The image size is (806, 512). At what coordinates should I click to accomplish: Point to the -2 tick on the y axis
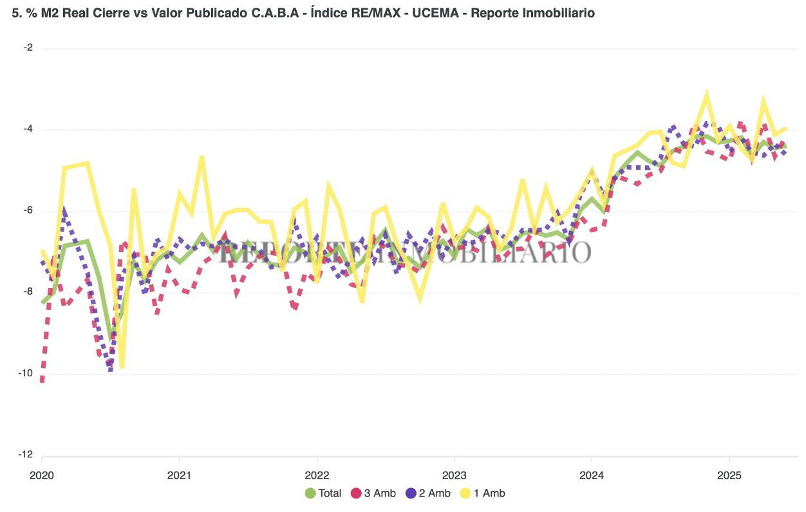pyautogui.click(x=29, y=48)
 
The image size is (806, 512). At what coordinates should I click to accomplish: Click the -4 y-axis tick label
pyautogui.click(x=29, y=129)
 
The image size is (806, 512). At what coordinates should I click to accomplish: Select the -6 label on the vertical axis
pyautogui.click(x=29, y=211)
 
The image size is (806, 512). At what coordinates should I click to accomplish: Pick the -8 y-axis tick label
pyautogui.click(x=29, y=292)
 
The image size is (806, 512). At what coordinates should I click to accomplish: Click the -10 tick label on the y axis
pyautogui.click(x=27, y=374)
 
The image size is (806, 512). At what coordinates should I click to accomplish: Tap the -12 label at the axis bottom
pyautogui.click(x=27, y=455)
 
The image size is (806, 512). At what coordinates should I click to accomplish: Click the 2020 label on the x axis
pyautogui.click(x=42, y=477)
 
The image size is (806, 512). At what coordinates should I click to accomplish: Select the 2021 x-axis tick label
pyautogui.click(x=179, y=477)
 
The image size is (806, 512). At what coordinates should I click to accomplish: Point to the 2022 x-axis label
pyautogui.click(x=317, y=477)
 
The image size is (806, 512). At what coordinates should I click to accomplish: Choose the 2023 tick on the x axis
pyautogui.click(x=454, y=477)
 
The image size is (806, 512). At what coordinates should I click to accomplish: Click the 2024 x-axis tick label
pyautogui.click(x=592, y=477)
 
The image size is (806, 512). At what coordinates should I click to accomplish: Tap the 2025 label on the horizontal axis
pyautogui.click(x=729, y=477)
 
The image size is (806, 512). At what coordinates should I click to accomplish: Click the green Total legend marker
pyautogui.click(x=310, y=493)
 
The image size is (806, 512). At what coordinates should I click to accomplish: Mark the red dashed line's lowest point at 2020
pyautogui.click(x=42, y=381)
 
